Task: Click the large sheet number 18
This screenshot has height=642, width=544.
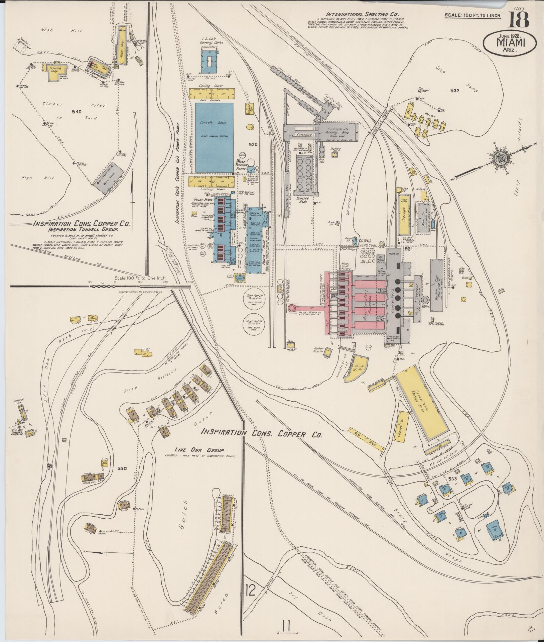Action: tap(519, 19)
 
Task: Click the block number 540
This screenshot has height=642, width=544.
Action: tap(77, 112)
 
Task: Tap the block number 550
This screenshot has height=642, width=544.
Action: tap(122, 468)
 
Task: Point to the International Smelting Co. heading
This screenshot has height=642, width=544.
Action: tap(358, 14)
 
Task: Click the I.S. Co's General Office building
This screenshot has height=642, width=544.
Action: tap(209, 62)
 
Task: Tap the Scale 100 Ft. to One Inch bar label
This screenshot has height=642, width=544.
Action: tap(140, 278)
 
